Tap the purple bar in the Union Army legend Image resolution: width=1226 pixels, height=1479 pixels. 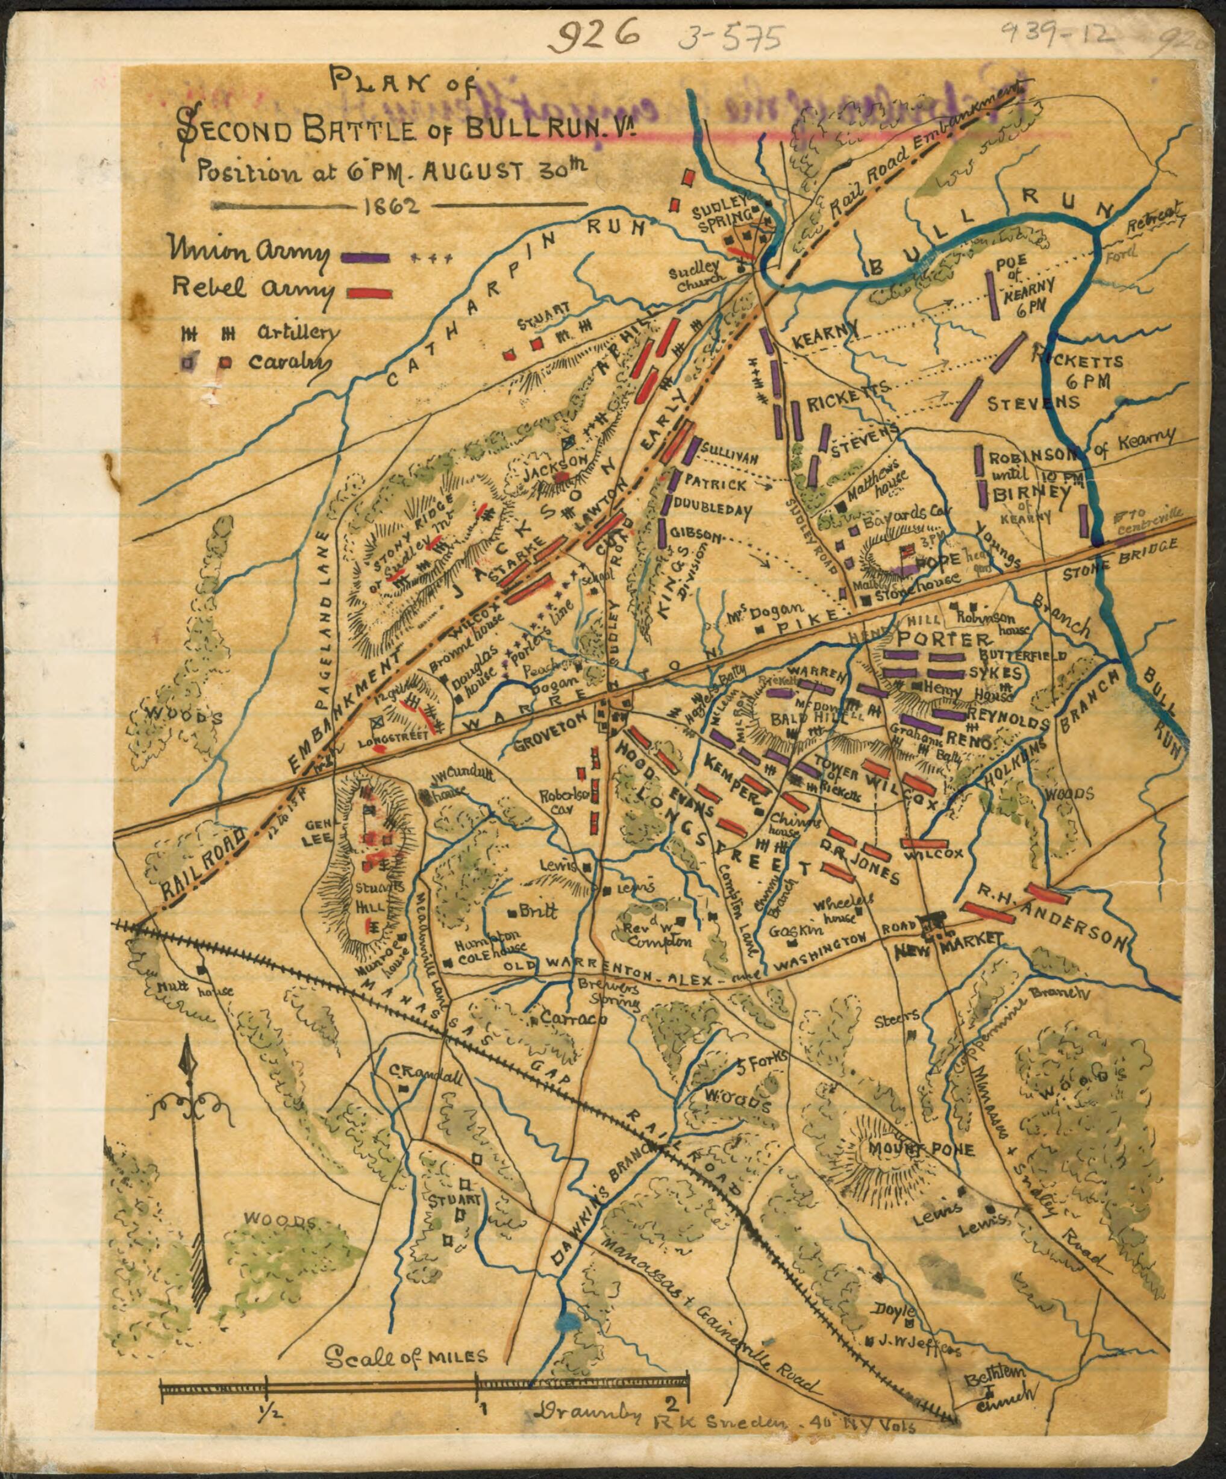tap(366, 258)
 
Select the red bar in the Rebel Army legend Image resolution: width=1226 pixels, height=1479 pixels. tap(368, 291)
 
